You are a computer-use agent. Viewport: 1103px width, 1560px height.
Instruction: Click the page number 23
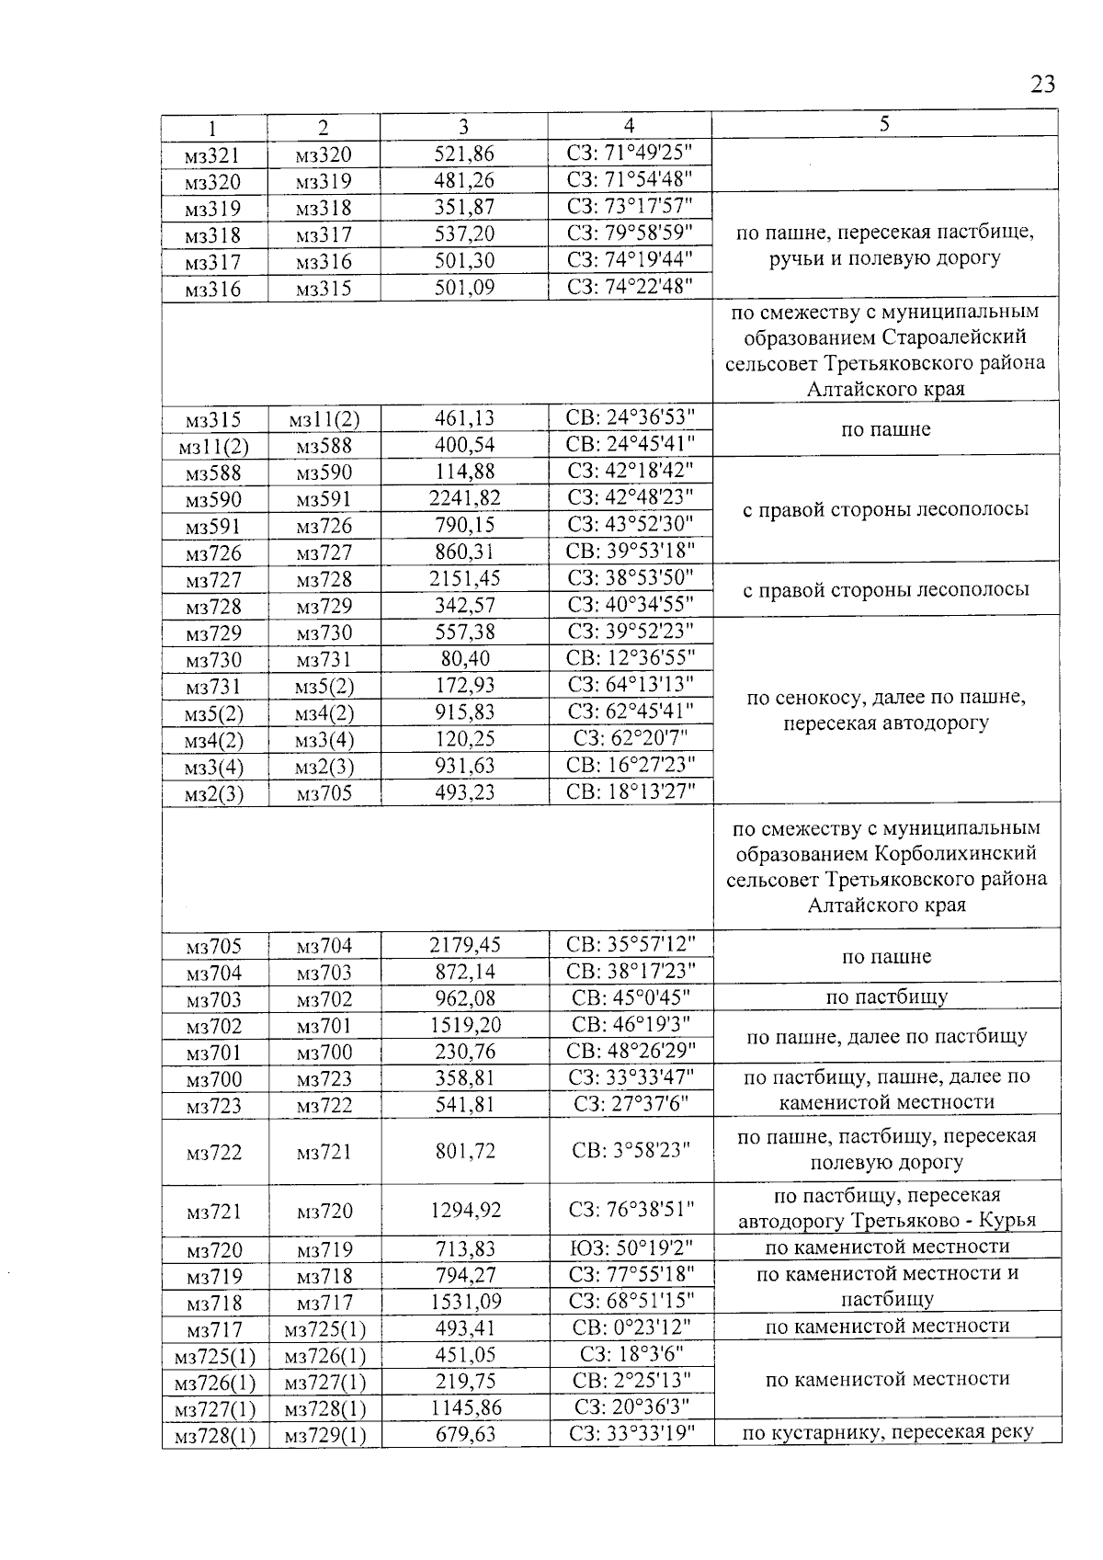(x=1041, y=85)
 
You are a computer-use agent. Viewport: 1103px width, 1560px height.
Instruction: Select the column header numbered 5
(x=884, y=124)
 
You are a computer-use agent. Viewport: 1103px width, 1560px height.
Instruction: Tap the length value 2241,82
(x=464, y=499)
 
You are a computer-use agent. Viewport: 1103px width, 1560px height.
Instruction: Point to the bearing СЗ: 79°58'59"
(x=630, y=233)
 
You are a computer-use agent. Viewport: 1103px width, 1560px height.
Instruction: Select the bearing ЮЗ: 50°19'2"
(x=631, y=1248)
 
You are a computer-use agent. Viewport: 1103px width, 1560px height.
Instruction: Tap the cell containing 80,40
(x=464, y=658)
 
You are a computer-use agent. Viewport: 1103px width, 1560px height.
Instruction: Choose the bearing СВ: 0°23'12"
(x=631, y=1327)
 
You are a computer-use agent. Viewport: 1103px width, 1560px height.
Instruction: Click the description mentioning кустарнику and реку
(x=888, y=1432)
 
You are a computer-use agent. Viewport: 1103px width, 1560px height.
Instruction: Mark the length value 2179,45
(x=464, y=945)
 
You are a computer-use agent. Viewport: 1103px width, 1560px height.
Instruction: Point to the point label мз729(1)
(x=325, y=1435)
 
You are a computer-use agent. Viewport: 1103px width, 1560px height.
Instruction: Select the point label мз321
(x=212, y=154)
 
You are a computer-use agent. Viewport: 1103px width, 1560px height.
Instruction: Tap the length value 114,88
(x=464, y=473)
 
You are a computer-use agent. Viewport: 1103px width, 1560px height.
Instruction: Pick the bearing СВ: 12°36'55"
(x=631, y=658)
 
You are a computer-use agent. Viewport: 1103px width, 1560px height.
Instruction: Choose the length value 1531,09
(x=464, y=1301)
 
